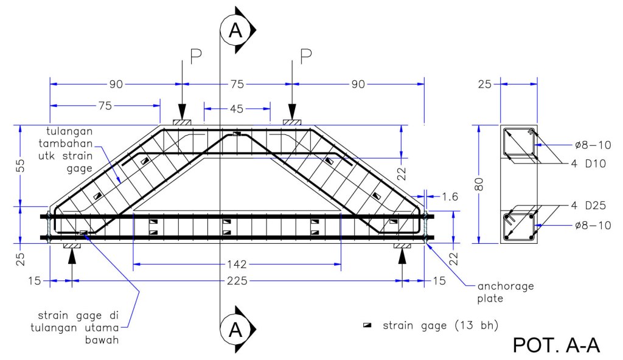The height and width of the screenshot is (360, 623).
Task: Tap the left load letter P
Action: [196, 56]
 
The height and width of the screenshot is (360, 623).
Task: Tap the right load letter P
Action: [306, 56]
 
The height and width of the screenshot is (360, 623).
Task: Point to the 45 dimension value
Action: [236, 109]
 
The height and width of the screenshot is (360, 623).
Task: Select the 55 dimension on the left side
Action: [21, 165]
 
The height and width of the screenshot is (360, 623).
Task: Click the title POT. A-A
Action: [556, 345]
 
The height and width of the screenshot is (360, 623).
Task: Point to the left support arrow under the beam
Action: [72, 258]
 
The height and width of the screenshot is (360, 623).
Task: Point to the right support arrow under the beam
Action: [401, 258]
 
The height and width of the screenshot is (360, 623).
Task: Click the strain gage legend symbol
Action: [367, 325]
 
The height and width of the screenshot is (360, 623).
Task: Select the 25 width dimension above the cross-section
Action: [485, 85]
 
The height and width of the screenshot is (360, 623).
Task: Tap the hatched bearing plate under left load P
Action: [183, 122]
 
